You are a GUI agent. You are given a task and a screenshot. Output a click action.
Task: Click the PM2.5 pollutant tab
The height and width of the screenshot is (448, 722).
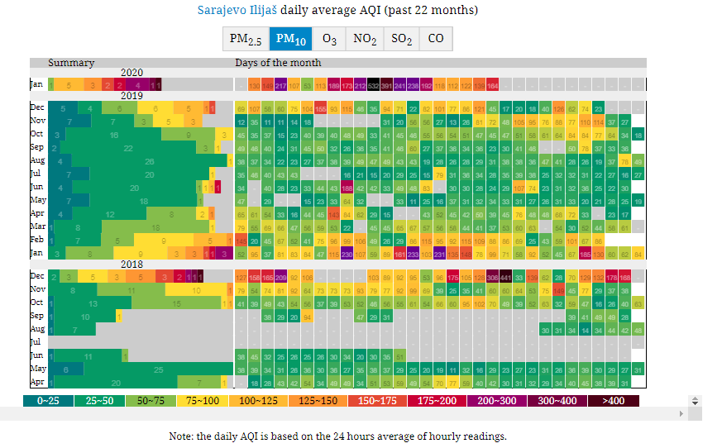[x=246, y=39]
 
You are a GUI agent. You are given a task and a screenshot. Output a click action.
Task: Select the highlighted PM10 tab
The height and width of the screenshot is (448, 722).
[x=290, y=39]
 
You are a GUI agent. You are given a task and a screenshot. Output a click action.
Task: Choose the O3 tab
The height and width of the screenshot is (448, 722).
[x=329, y=39]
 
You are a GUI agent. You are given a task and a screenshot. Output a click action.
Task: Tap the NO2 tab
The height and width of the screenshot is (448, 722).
[x=365, y=39]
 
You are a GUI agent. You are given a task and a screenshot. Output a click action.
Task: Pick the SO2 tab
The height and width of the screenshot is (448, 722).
[x=402, y=39]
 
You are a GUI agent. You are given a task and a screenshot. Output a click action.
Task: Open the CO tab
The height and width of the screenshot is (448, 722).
[x=436, y=39]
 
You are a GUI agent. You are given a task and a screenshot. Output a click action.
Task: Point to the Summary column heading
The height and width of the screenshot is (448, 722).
[x=71, y=63]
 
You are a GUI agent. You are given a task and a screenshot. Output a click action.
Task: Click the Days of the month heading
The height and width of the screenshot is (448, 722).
[x=278, y=63]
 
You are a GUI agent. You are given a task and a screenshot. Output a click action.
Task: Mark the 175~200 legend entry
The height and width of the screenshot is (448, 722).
[x=438, y=401]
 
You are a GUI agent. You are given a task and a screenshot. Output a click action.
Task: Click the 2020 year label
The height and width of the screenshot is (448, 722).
[x=131, y=73]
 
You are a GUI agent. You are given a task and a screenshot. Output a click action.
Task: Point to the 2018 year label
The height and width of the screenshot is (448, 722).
[x=131, y=265]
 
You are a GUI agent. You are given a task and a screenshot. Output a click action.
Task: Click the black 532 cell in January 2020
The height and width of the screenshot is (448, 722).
[x=374, y=85]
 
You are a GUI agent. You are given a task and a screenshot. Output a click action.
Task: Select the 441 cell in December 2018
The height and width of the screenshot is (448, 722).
[x=506, y=277]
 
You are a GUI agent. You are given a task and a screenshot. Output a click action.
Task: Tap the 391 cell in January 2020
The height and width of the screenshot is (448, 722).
[x=387, y=85]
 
